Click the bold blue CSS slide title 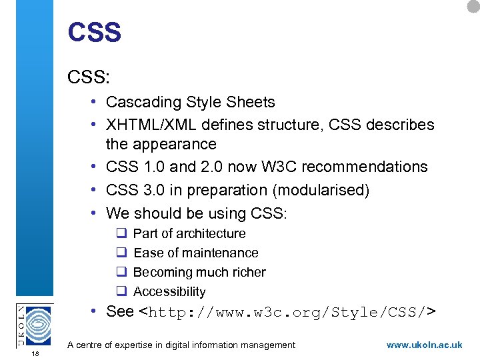tap(94, 33)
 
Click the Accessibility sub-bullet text tap(169, 292)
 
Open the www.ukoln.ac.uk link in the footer tap(424, 345)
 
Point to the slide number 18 tap(35, 354)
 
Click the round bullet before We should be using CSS tap(96, 213)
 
